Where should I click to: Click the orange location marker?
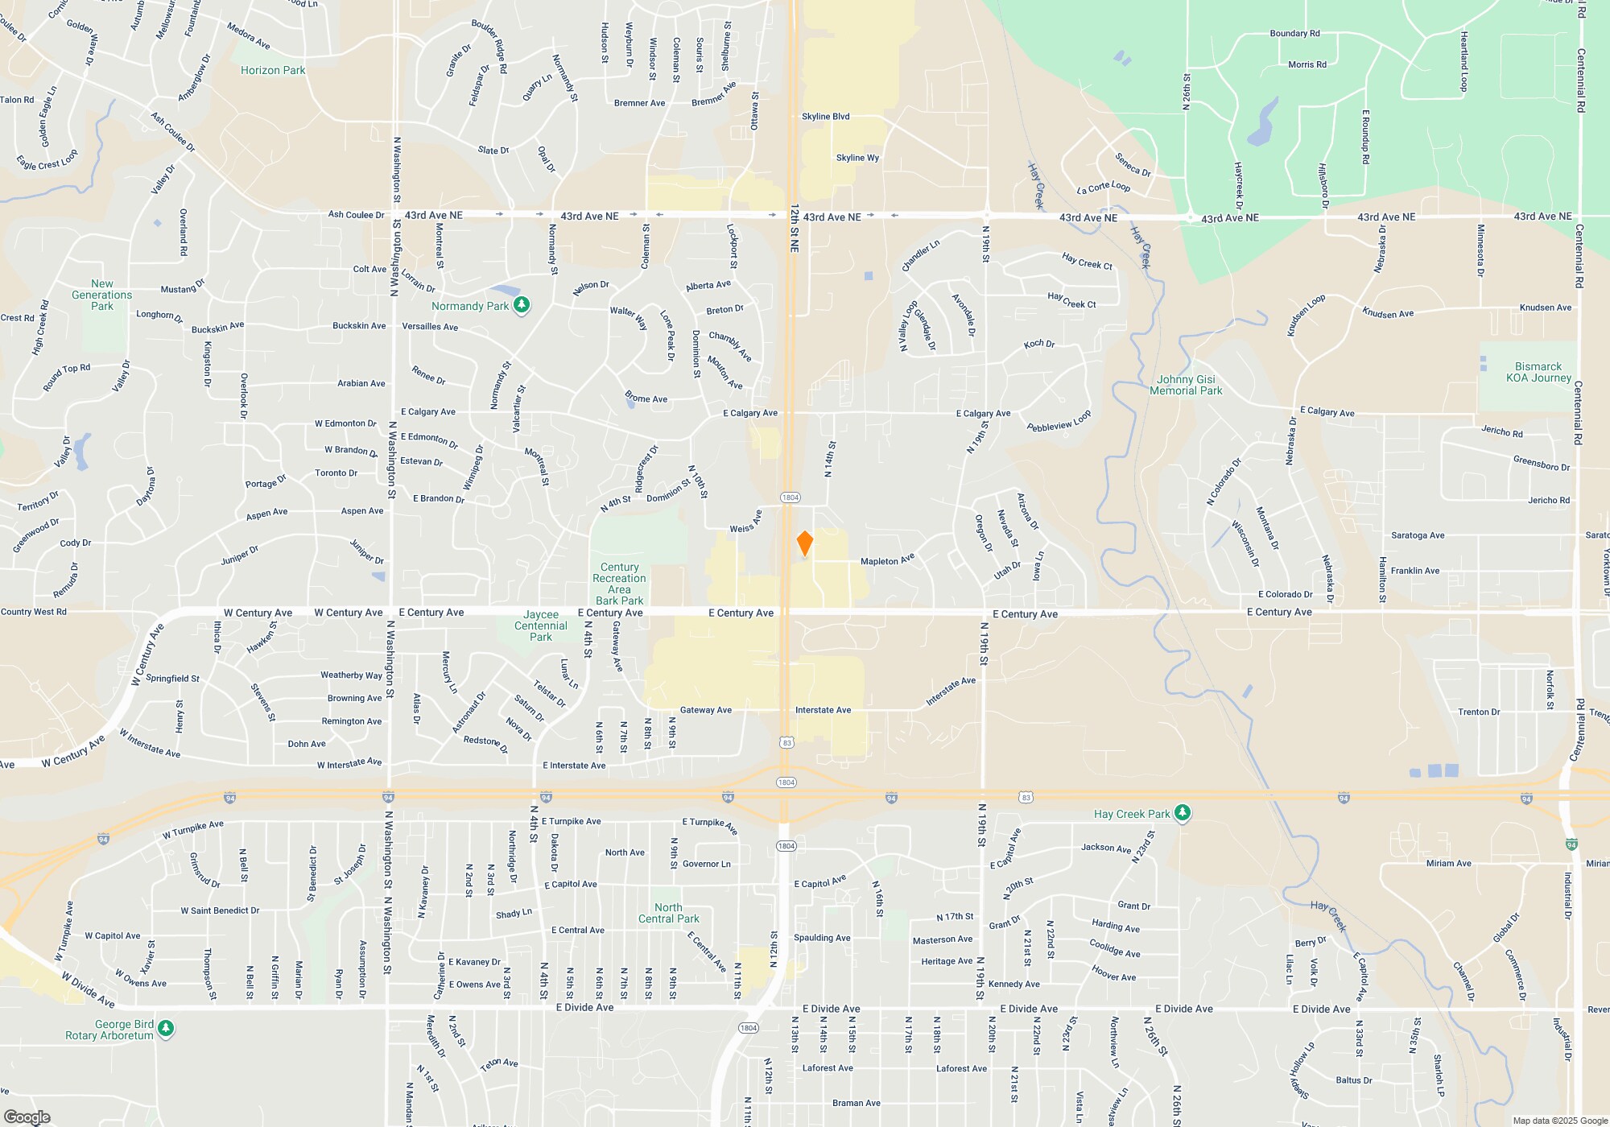pos(804,543)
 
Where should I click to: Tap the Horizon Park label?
pos(273,70)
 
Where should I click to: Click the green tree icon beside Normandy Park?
pos(522,305)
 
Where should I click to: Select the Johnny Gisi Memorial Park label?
pos(1186,385)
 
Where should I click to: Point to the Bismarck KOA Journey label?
pos(1538,372)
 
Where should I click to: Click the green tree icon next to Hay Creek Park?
pos(1182,813)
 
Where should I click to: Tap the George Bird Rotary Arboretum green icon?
pos(166,1029)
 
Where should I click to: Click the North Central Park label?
pos(668,913)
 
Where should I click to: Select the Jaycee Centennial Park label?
pos(541,625)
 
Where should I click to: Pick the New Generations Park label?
pos(102,295)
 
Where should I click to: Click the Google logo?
pos(27,1117)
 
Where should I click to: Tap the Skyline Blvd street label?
pos(825,117)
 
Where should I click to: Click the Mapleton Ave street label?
pos(887,560)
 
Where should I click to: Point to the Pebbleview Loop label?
pos(1059,421)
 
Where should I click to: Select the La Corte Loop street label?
pos(1104,188)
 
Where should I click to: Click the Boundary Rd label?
pos(1294,34)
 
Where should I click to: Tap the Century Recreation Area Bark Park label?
pos(619,584)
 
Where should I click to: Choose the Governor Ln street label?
pos(706,864)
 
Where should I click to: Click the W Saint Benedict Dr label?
pos(220,910)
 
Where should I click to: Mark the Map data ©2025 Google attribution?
pos(1559,1121)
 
